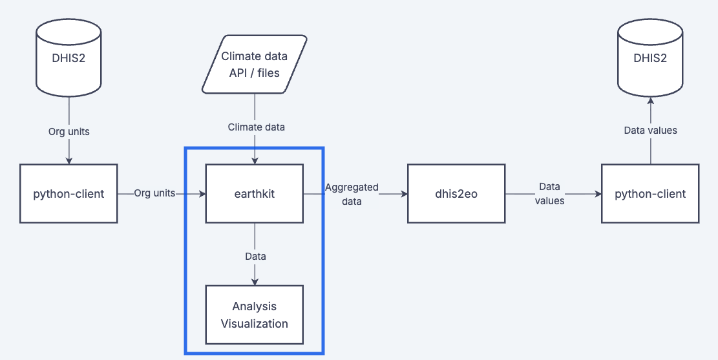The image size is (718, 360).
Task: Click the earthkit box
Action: tap(254, 194)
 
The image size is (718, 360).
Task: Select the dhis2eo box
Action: tap(456, 194)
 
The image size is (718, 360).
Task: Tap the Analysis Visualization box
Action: tap(254, 314)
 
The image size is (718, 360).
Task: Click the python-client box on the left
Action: tap(69, 194)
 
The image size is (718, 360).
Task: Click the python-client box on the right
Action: tap(650, 194)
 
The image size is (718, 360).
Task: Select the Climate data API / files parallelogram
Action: tap(254, 65)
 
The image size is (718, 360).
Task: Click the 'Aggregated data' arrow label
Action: tap(352, 194)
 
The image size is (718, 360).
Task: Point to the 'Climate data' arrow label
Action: tap(256, 127)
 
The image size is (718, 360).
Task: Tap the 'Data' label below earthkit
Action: tap(255, 256)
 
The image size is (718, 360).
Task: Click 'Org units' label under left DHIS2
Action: tap(69, 131)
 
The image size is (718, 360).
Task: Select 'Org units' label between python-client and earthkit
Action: tap(154, 193)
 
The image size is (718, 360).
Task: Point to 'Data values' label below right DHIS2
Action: tap(650, 131)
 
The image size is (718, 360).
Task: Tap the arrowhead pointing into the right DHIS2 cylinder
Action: tap(650, 100)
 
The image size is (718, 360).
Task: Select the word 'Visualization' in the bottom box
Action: tap(254, 323)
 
